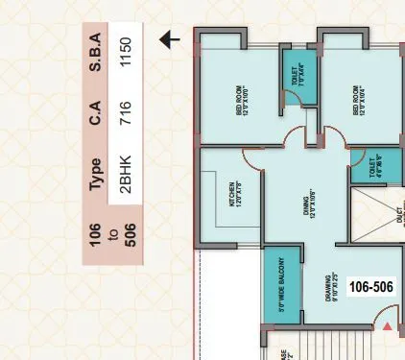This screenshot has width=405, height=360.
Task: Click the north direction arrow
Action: pos(170,39)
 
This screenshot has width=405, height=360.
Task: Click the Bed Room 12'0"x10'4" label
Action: pos(361,101)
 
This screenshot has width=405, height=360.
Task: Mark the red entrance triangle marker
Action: pos(387,328)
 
